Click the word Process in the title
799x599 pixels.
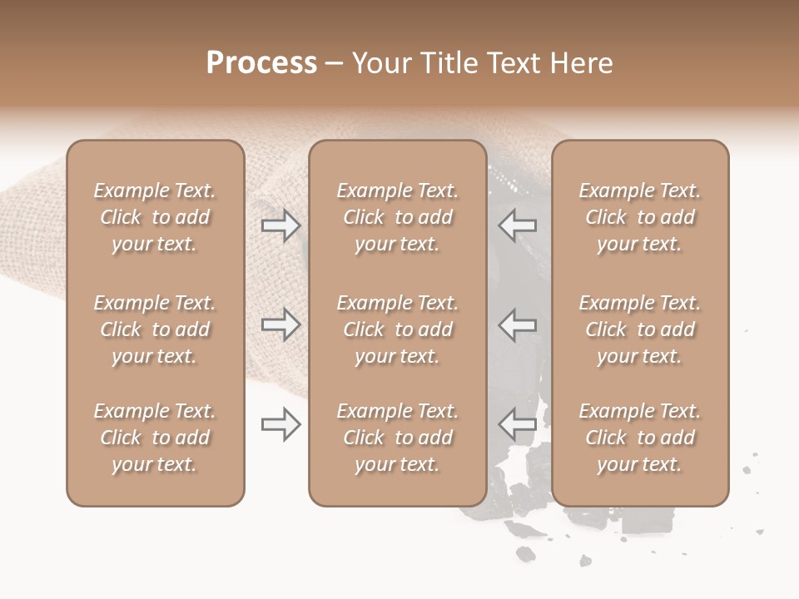(x=261, y=63)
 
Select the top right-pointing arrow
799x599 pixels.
(x=280, y=225)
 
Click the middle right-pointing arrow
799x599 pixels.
(x=280, y=324)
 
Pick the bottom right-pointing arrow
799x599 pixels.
(x=280, y=425)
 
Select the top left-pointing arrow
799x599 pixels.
(x=518, y=225)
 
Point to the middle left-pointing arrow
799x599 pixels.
(x=518, y=324)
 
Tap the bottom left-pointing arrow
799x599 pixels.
(x=518, y=425)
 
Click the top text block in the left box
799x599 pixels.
(x=155, y=217)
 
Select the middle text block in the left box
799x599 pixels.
(x=155, y=329)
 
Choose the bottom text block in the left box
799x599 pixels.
(x=155, y=438)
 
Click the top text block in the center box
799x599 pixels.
(x=398, y=217)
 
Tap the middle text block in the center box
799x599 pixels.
(x=398, y=329)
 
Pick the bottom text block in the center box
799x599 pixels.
(x=398, y=438)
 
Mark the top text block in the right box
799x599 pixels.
(x=640, y=217)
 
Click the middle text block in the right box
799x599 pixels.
(x=640, y=329)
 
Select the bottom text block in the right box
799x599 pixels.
(x=640, y=438)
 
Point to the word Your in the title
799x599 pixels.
(x=382, y=63)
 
